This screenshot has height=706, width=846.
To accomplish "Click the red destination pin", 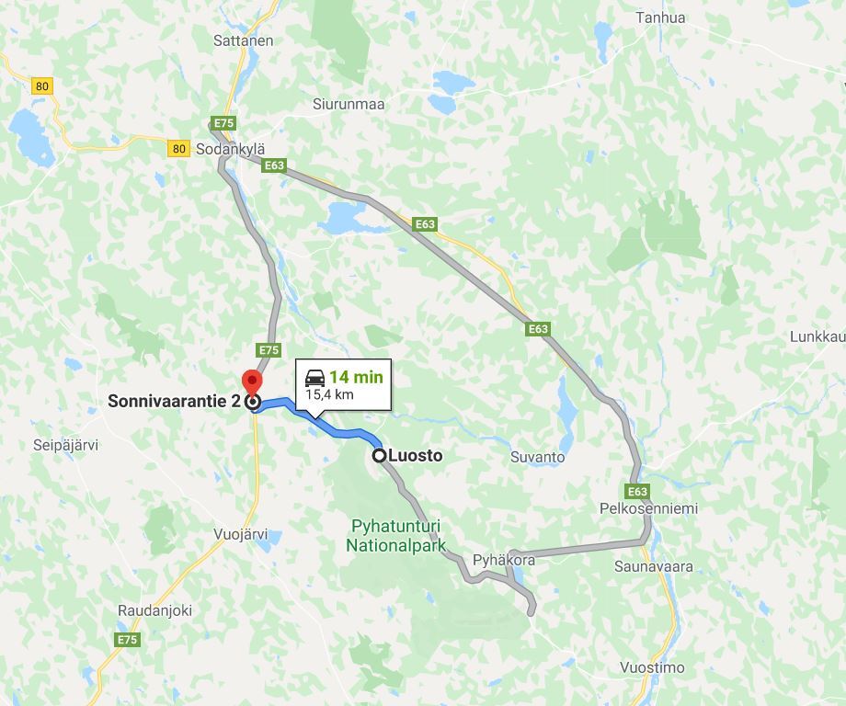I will point(251,381).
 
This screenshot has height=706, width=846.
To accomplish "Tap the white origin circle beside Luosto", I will point(379,455).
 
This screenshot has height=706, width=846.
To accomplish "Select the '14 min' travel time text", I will point(356,377).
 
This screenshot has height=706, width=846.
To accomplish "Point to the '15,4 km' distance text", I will point(329,394).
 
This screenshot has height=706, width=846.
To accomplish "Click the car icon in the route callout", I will point(314,377).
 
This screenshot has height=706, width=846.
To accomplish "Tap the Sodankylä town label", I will point(230,149).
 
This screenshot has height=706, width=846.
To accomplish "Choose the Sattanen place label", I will point(243,40).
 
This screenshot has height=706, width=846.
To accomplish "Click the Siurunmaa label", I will point(349,104).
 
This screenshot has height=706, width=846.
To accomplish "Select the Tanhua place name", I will point(660,17).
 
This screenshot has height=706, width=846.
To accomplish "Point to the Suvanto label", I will point(537,457).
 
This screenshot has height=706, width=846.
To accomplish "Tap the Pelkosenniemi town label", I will point(648,508).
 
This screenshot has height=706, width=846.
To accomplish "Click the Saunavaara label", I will point(654,566).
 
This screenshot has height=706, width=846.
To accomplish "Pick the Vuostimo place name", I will point(652,667).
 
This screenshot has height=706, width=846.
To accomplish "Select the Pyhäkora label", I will point(503,560).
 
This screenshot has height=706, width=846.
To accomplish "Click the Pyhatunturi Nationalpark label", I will point(395,535).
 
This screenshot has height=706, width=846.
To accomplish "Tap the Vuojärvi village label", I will point(240,533).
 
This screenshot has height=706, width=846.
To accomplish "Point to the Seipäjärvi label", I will point(65,445).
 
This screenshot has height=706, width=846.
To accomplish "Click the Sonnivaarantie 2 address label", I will point(174,401).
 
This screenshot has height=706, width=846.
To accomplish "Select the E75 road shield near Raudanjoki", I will point(127,640).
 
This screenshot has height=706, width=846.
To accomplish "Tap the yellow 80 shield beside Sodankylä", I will point(178,148).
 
